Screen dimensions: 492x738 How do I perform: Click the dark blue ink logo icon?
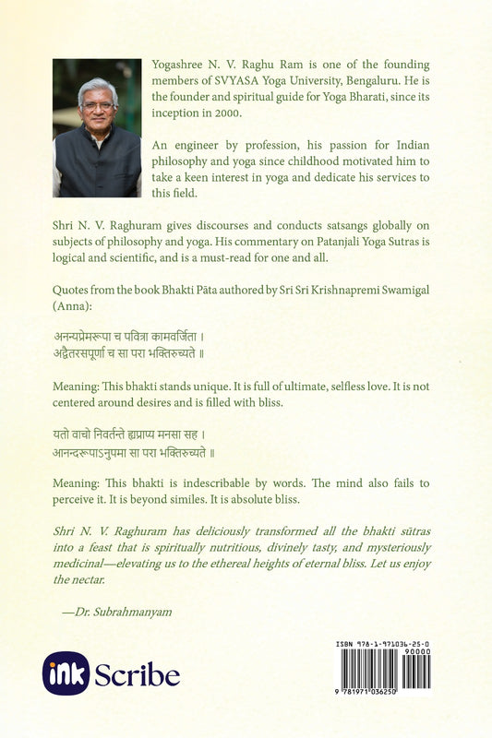tap(66, 673)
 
